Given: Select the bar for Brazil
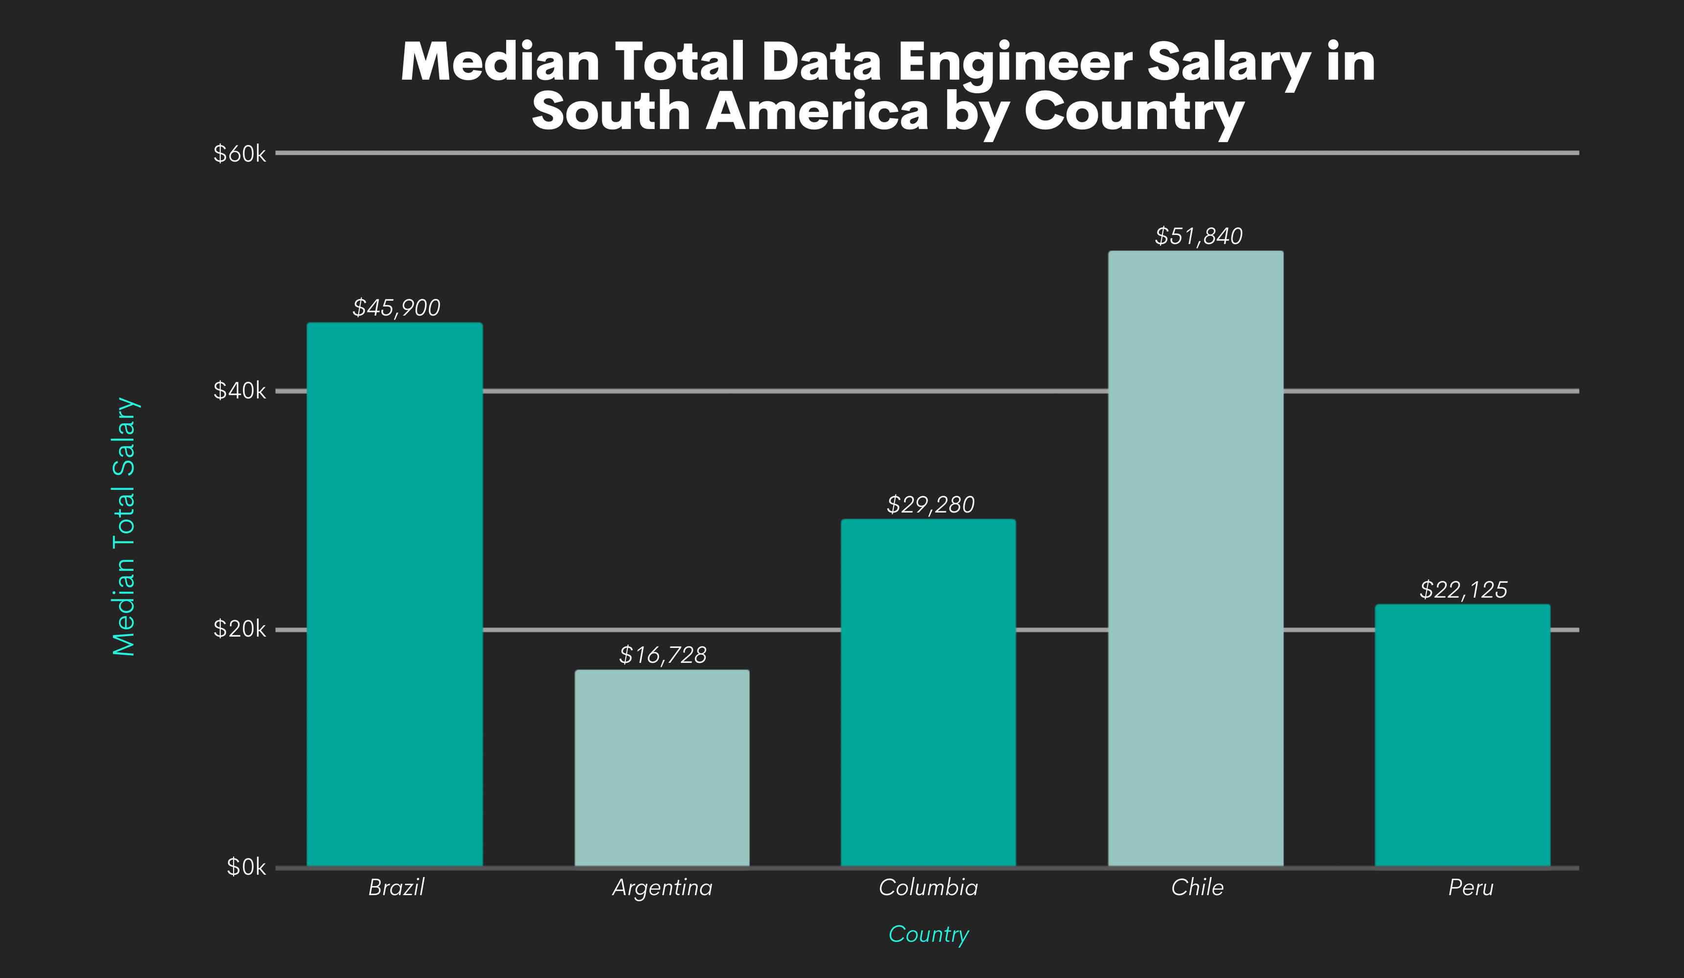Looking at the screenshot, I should pos(394,595).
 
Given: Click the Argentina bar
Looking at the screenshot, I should pos(662,769).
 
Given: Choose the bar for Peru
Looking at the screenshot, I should pos(1462,736).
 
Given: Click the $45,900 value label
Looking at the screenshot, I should pos(396,308).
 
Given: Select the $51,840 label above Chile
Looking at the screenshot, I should pos(1198,236).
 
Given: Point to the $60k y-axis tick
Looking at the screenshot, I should pos(239,154).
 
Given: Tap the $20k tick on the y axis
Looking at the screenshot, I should pos(239,629).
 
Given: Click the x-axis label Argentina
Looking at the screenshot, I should pos(662,888).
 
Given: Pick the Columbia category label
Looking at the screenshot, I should pos(928,888).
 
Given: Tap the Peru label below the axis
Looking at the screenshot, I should pos(1470,888).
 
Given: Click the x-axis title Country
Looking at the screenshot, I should pos(928,934).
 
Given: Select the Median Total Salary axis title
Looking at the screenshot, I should pos(124,527).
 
